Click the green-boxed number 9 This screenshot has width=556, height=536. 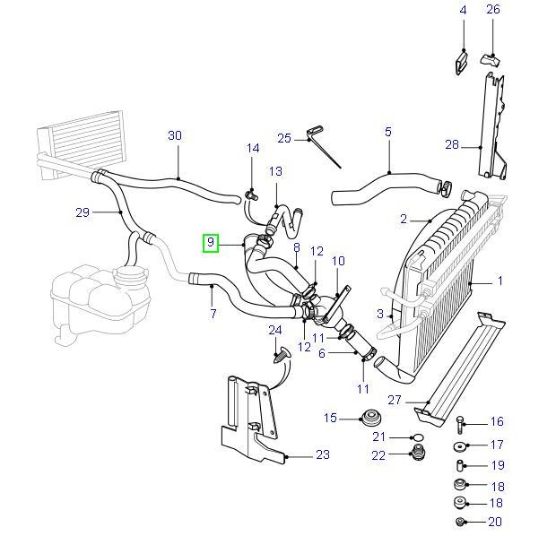[x=211, y=242]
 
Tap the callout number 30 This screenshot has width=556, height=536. [x=175, y=136]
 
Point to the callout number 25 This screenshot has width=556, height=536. [x=284, y=138]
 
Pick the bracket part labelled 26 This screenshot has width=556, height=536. [x=492, y=59]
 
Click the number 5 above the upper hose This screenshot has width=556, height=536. [x=388, y=132]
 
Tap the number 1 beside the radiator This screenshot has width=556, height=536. [x=500, y=281]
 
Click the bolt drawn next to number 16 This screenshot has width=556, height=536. [x=461, y=422]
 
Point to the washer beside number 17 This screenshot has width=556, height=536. [x=459, y=445]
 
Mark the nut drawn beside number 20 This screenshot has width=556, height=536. [x=460, y=522]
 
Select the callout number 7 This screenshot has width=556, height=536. [x=213, y=314]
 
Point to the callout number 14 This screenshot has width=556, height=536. [x=253, y=148]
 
